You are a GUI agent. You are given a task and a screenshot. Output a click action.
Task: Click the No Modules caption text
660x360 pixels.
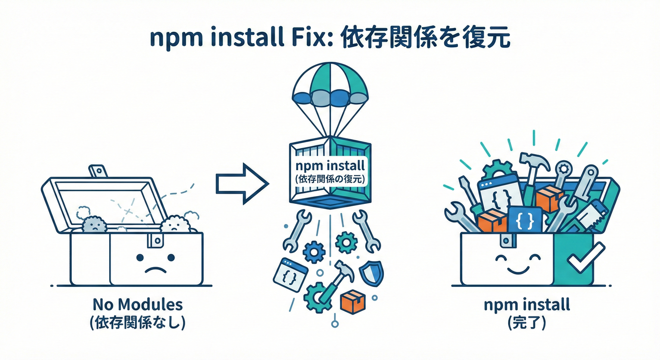coord(137,305)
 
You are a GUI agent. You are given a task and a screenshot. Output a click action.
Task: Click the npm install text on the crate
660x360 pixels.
coord(330,166)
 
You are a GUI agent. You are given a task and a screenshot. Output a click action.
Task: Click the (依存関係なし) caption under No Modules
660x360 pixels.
coord(137,323)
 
